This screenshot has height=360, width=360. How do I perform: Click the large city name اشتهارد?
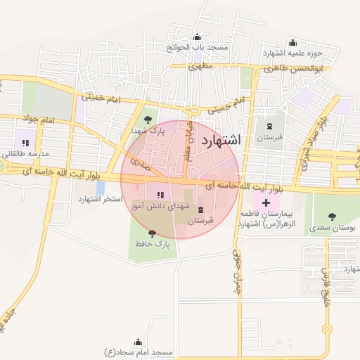pyautogui.click(x=221, y=140)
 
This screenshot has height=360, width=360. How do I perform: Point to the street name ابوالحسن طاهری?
pyautogui.click(x=293, y=69)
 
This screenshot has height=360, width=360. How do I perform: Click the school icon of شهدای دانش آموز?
pyautogui.click(x=160, y=195)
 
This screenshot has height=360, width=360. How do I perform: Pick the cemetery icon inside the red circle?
pyautogui.click(x=201, y=210)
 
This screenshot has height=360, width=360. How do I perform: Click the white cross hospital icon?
pyautogui.click(x=266, y=203)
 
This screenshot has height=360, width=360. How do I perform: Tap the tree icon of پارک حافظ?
pyautogui.click(x=151, y=233)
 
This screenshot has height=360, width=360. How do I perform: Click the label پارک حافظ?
pyautogui.click(x=153, y=244)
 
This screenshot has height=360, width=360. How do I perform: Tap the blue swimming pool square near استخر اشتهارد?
pyautogui.click(x=101, y=188)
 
